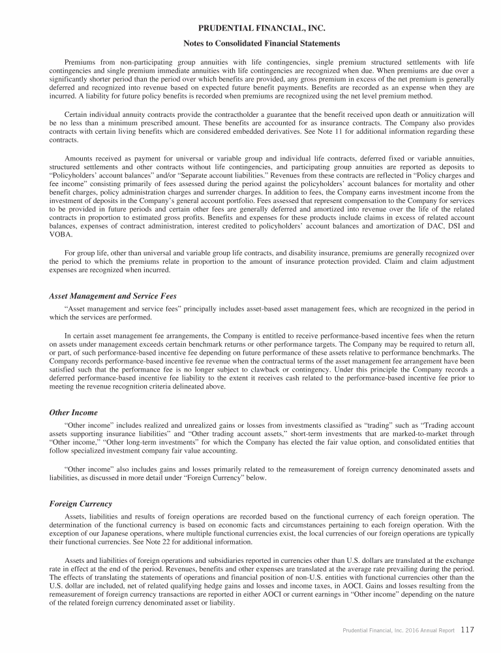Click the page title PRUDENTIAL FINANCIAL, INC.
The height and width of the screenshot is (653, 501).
[250, 29]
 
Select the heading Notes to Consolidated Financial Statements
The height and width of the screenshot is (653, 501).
[250, 44]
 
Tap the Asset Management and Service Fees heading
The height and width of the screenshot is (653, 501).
[113, 296]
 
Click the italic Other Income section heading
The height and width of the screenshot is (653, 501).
[73, 413]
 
